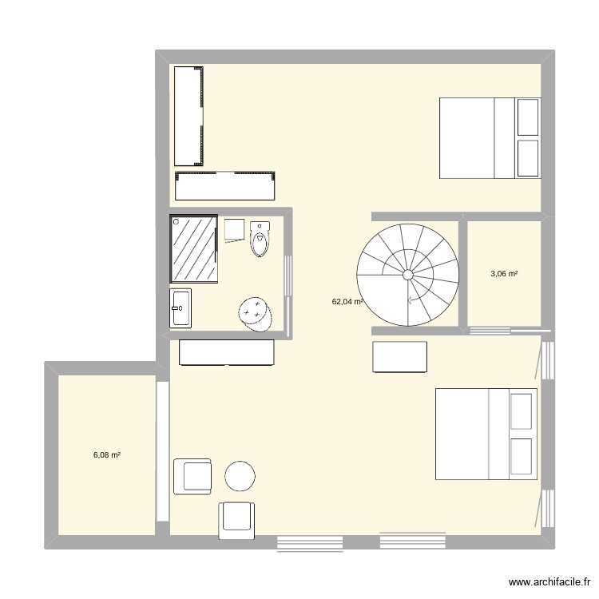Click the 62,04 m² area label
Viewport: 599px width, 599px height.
click(347, 302)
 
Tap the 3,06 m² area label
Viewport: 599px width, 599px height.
click(504, 274)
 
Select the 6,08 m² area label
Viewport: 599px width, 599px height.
click(107, 454)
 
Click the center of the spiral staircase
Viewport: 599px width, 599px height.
click(407, 275)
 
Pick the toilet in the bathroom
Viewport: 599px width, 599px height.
click(261, 240)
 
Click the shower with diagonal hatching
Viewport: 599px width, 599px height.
click(193, 248)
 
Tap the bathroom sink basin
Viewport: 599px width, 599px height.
click(180, 307)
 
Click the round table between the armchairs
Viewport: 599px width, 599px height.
click(240, 476)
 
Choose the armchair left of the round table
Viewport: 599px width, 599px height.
click(192, 477)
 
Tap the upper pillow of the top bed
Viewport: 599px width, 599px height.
click(528, 117)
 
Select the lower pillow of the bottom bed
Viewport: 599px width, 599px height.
click(521, 456)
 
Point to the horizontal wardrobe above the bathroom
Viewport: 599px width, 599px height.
click(224, 185)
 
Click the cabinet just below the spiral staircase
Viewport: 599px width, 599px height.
click(400, 356)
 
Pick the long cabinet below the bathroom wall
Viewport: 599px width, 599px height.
click(227, 352)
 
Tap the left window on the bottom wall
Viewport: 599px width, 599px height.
click(310, 543)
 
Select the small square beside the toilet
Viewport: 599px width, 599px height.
click(234, 229)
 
